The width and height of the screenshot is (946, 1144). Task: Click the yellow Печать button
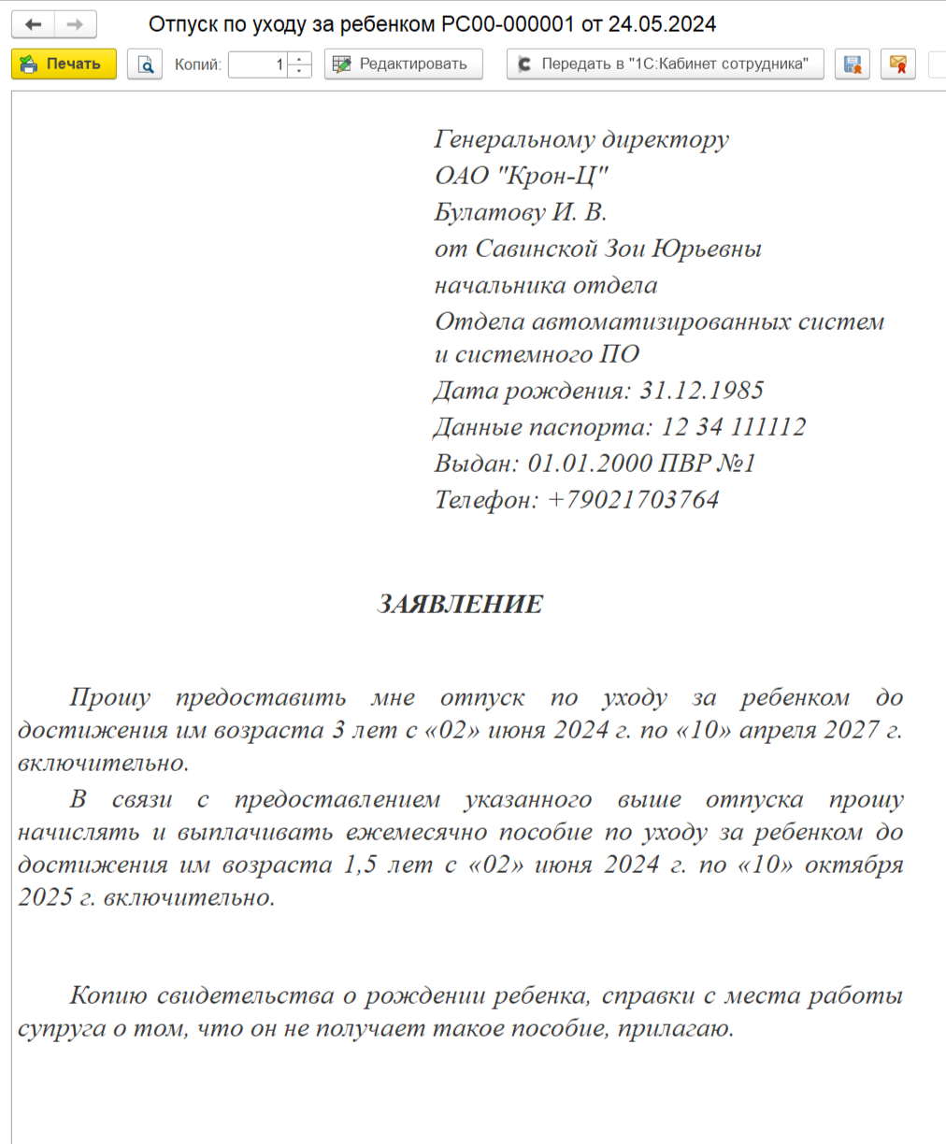pos(64,64)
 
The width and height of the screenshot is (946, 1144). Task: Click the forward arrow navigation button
pos(76,24)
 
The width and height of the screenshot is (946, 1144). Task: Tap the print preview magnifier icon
pos(145,64)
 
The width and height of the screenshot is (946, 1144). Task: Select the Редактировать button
pos(403,64)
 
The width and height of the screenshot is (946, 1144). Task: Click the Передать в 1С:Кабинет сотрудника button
pos(665,64)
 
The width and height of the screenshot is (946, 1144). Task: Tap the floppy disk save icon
pos(852,64)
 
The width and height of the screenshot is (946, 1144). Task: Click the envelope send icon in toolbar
pos(897,64)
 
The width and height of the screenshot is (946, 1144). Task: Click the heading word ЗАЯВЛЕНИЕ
pos(460,605)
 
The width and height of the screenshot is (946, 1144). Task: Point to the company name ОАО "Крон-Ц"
pos(522,176)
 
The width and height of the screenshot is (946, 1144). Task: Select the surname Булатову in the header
pos(489,212)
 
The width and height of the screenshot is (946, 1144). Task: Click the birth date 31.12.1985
pos(701,391)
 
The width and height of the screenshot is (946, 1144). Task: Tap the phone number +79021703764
pos(633,500)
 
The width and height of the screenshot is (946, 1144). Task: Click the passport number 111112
pos(767,427)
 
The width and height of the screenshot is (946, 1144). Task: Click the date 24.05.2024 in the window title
pos(662,24)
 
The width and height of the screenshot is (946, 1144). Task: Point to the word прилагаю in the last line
pos(675,1029)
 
